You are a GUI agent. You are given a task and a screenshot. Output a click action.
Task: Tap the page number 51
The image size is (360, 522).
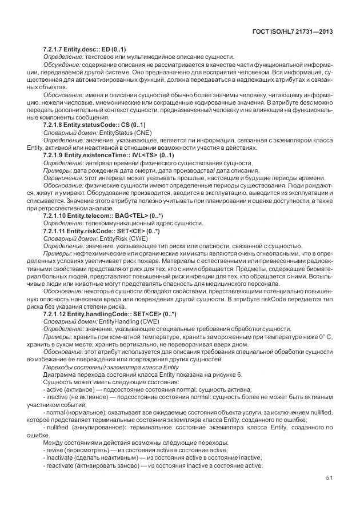tap(329, 495)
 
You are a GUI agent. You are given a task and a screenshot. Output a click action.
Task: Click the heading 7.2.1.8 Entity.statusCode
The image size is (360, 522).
tap(94, 125)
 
